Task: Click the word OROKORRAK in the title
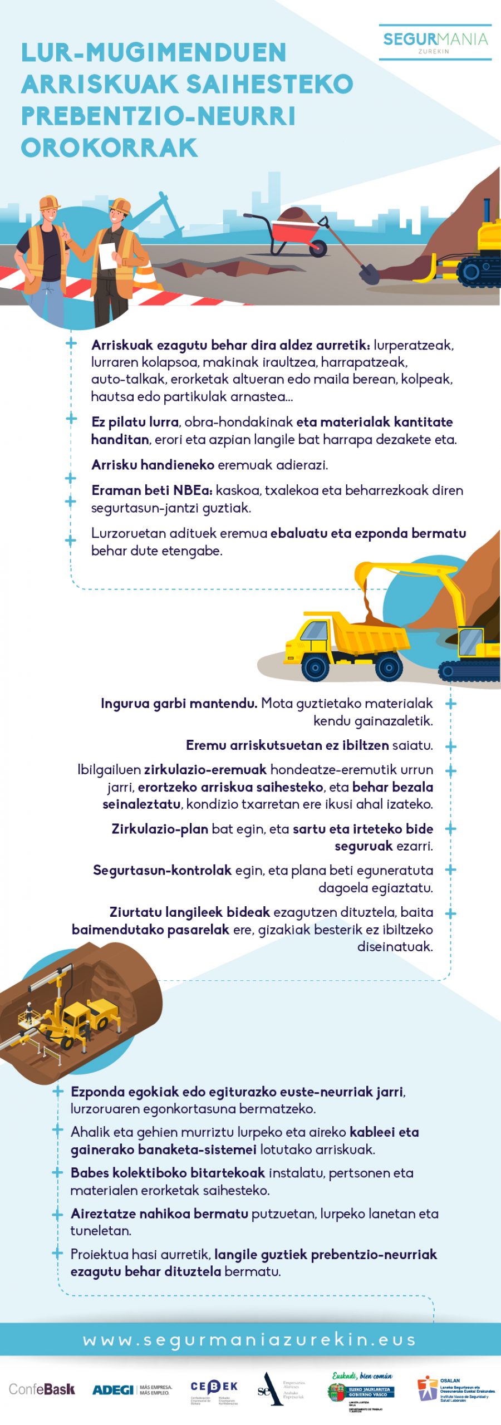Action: (x=110, y=148)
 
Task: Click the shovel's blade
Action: (x=369, y=274)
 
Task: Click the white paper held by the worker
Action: (x=106, y=255)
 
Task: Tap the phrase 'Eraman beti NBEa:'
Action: (x=151, y=490)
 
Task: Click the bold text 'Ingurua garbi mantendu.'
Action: (x=179, y=704)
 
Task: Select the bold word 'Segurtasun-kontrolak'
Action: (x=162, y=870)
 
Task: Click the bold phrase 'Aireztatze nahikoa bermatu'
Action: (x=159, y=1213)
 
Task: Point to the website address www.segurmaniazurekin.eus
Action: (x=250, y=1339)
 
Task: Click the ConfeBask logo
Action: (x=42, y=1389)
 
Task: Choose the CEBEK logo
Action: (x=214, y=1390)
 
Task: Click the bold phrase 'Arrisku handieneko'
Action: (x=153, y=465)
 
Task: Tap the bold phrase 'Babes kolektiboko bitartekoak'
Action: (x=168, y=1173)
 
